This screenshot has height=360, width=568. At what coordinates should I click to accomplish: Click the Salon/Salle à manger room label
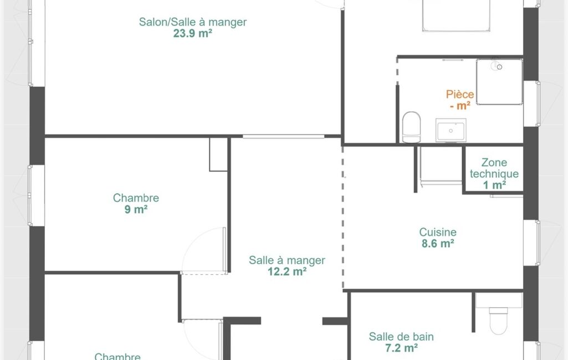click(x=193, y=22)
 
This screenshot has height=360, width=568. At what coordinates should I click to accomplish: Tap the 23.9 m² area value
click(x=193, y=33)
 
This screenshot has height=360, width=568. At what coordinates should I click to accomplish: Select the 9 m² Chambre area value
click(x=136, y=209)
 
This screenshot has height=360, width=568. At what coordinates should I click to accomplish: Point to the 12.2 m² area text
click(x=287, y=271)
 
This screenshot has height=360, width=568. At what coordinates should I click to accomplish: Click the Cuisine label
click(x=438, y=232)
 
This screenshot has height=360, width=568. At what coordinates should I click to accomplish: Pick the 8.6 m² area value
click(x=438, y=243)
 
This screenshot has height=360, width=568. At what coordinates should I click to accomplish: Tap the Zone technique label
click(x=494, y=168)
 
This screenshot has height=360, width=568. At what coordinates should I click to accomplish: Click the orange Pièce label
click(x=460, y=95)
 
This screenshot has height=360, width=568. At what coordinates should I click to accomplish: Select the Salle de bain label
click(x=401, y=337)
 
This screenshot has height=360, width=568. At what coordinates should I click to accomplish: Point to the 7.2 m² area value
click(x=401, y=348)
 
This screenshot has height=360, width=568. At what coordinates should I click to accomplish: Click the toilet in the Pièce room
click(x=412, y=127)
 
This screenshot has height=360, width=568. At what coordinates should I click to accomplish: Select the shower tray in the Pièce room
click(x=499, y=82)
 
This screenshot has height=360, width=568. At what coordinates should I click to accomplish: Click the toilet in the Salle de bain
click(x=498, y=321)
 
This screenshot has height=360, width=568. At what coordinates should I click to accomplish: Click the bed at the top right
click(x=456, y=15)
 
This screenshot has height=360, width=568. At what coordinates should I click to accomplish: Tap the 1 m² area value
click(x=494, y=185)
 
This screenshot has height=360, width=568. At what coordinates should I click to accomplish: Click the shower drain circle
click(x=499, y=67)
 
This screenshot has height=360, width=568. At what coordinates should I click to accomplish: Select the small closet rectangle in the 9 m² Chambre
click(x=218, y=155)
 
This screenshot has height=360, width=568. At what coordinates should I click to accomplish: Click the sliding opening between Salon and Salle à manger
click(x=283, y=137)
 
